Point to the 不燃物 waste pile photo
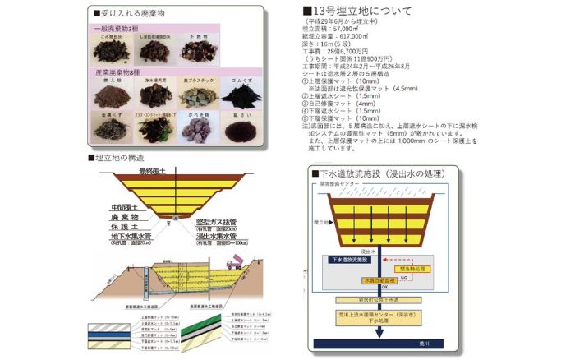click(x=198, y=51)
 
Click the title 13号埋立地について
click(x=361, y=10)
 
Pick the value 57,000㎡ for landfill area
click(x=347, y=28)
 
